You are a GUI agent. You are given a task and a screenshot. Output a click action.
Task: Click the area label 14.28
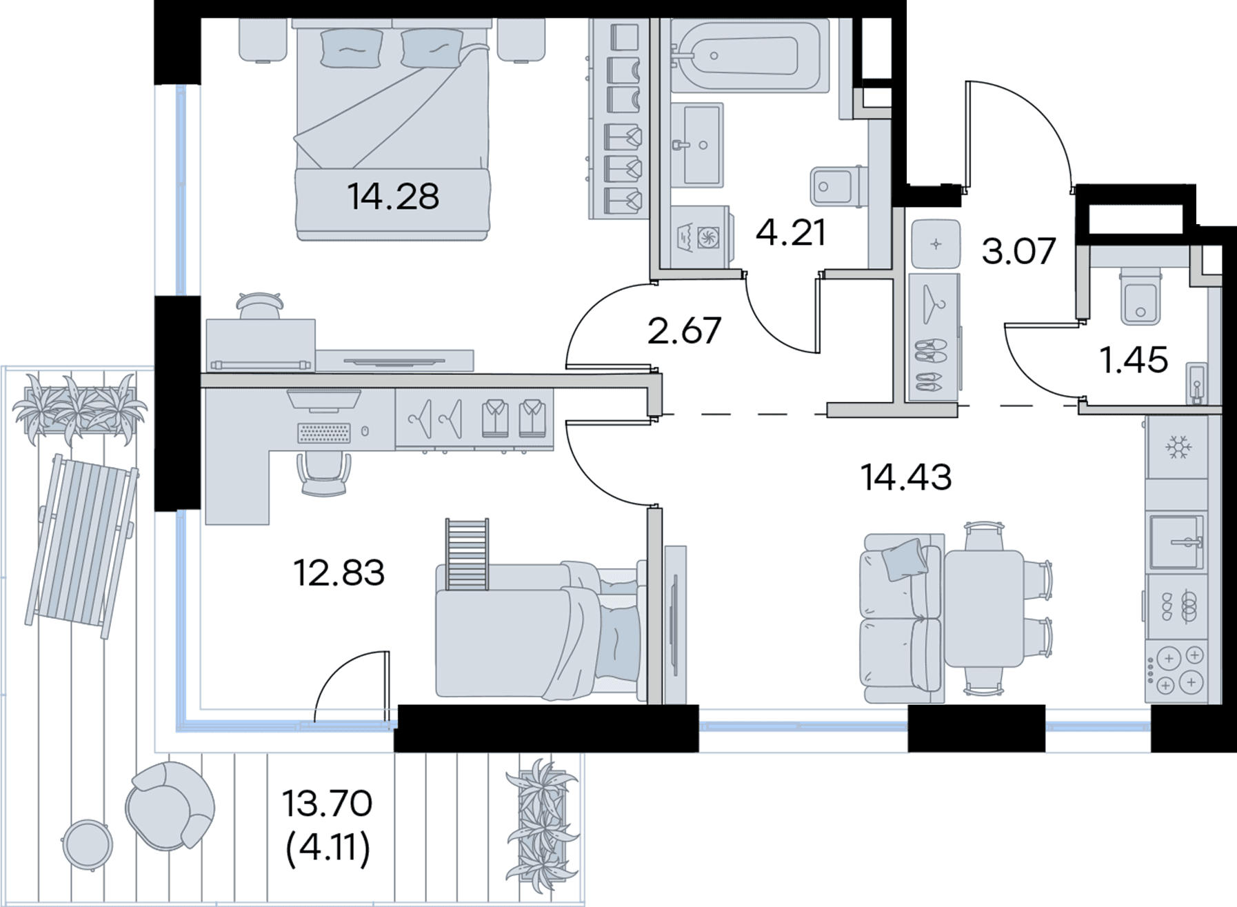(x=393, y=197)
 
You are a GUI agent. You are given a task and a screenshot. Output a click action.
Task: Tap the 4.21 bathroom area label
(x=791, y=233)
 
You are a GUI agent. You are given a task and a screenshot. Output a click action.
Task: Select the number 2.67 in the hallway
(x=684, y=330)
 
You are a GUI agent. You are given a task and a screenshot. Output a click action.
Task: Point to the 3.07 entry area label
(x=1018, y=251)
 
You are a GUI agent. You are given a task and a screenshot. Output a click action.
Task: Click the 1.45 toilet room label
(x=1134, y=360)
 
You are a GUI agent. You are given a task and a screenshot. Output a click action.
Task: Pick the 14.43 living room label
(x=906, y=477)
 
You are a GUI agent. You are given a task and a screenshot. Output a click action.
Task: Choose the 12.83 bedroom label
(x=339, y=572)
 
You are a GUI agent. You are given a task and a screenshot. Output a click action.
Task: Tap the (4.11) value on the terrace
(x=328, y=848)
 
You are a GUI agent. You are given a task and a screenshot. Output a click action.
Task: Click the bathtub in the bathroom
(x=749, y=55)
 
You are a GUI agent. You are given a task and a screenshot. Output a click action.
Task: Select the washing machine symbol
(x=700, y=237)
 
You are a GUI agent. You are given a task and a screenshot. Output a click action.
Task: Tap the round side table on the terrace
(x=88, y=843)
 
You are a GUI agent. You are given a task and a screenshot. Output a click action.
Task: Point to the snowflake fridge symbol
(x=1178, y=448)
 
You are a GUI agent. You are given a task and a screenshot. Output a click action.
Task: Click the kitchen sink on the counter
(x=1177, y=542)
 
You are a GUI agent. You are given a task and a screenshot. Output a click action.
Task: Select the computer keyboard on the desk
(x=323, y=432)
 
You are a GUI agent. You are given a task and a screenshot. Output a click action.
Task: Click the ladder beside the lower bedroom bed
(x=467, y=555)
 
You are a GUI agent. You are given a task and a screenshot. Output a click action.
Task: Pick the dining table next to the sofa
(x=982, y=608)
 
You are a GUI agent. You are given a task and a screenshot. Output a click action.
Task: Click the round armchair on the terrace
(x=170, y=806)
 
